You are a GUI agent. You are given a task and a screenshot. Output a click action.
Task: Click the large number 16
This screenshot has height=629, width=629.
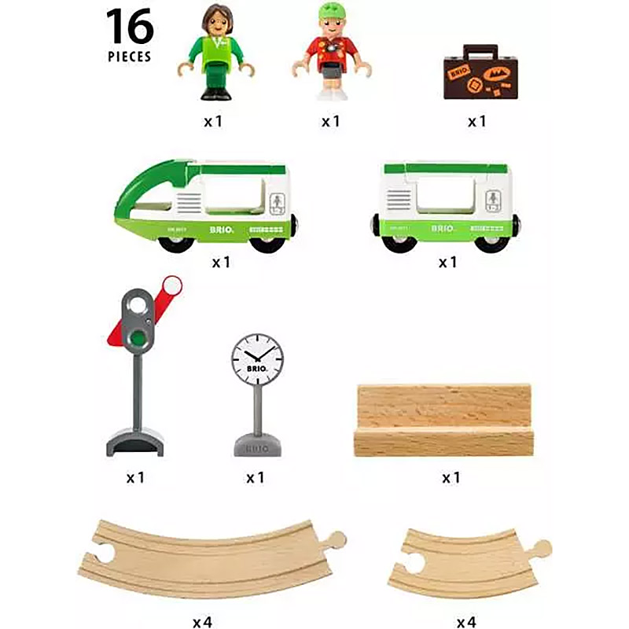[x=129, y=27]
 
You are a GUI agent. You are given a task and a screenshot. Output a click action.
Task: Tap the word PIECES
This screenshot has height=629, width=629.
[x=129, y=57]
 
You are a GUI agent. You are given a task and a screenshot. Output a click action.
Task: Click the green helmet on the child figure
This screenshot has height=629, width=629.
[x=330, y=13]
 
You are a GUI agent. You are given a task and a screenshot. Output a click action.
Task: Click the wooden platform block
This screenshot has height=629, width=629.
[x=443, y=420]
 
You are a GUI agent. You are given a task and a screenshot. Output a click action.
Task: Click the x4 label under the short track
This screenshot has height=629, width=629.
[x=465, y=623]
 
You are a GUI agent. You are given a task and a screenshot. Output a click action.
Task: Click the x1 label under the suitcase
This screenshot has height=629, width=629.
[x=477, y=122]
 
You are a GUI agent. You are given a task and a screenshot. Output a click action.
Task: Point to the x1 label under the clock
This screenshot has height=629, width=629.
[x=255, y=477]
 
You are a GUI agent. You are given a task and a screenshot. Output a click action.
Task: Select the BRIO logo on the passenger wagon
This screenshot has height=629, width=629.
[x=443, y=229]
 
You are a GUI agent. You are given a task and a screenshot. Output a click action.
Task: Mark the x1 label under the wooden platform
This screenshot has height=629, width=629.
[x=450, y=477]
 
